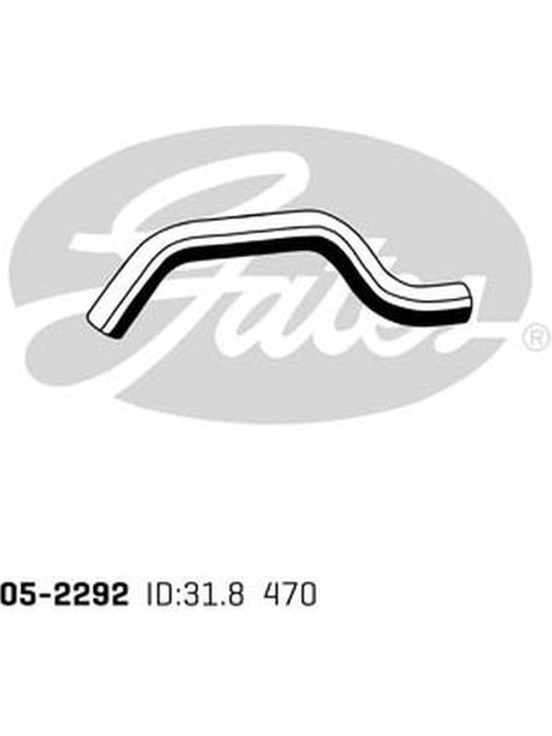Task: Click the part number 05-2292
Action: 63,594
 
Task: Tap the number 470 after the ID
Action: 291,594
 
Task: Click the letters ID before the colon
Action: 158,594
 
